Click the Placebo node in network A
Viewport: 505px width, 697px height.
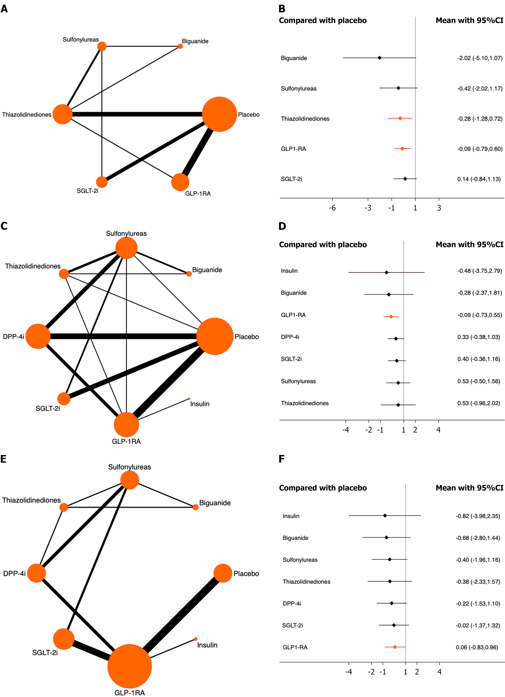click(x=219, y=114)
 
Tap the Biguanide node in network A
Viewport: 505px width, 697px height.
click(x=180, y=46)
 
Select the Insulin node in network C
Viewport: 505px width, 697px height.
click(x=189, y=399)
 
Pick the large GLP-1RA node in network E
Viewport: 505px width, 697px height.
click(x=129, y=666)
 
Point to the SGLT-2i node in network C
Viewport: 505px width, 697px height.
click(x=64, y=399)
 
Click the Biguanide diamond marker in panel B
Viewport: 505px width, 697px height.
click(x=380, y=58)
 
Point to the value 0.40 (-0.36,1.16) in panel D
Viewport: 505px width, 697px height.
click(x=479, y=359)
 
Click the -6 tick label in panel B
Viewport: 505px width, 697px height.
click(x=332, y=208)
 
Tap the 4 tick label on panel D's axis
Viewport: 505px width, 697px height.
click(x=439, y=430)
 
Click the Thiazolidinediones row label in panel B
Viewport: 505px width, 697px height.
click(x=305, y=119)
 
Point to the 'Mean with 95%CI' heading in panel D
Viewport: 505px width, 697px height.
click(x=469, y=245)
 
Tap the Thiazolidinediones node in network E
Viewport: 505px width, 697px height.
click(x=64, y=507)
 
